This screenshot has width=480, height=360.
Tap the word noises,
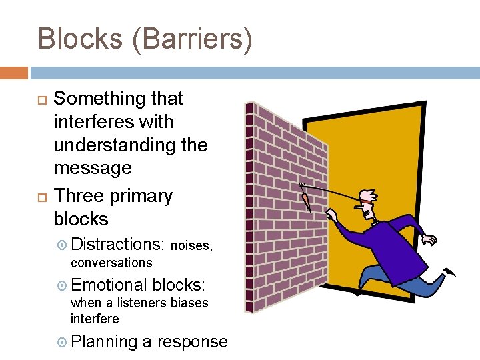(192, 245)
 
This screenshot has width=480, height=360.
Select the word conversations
(111, 263)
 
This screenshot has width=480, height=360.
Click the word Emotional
(109, 285)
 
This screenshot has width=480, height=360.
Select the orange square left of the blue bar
(14, 72)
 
